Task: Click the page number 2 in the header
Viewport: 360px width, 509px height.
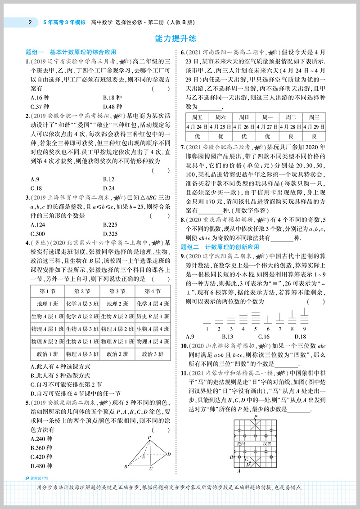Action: click(30, 21)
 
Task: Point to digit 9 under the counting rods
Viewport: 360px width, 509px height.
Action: click(304, 328)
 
